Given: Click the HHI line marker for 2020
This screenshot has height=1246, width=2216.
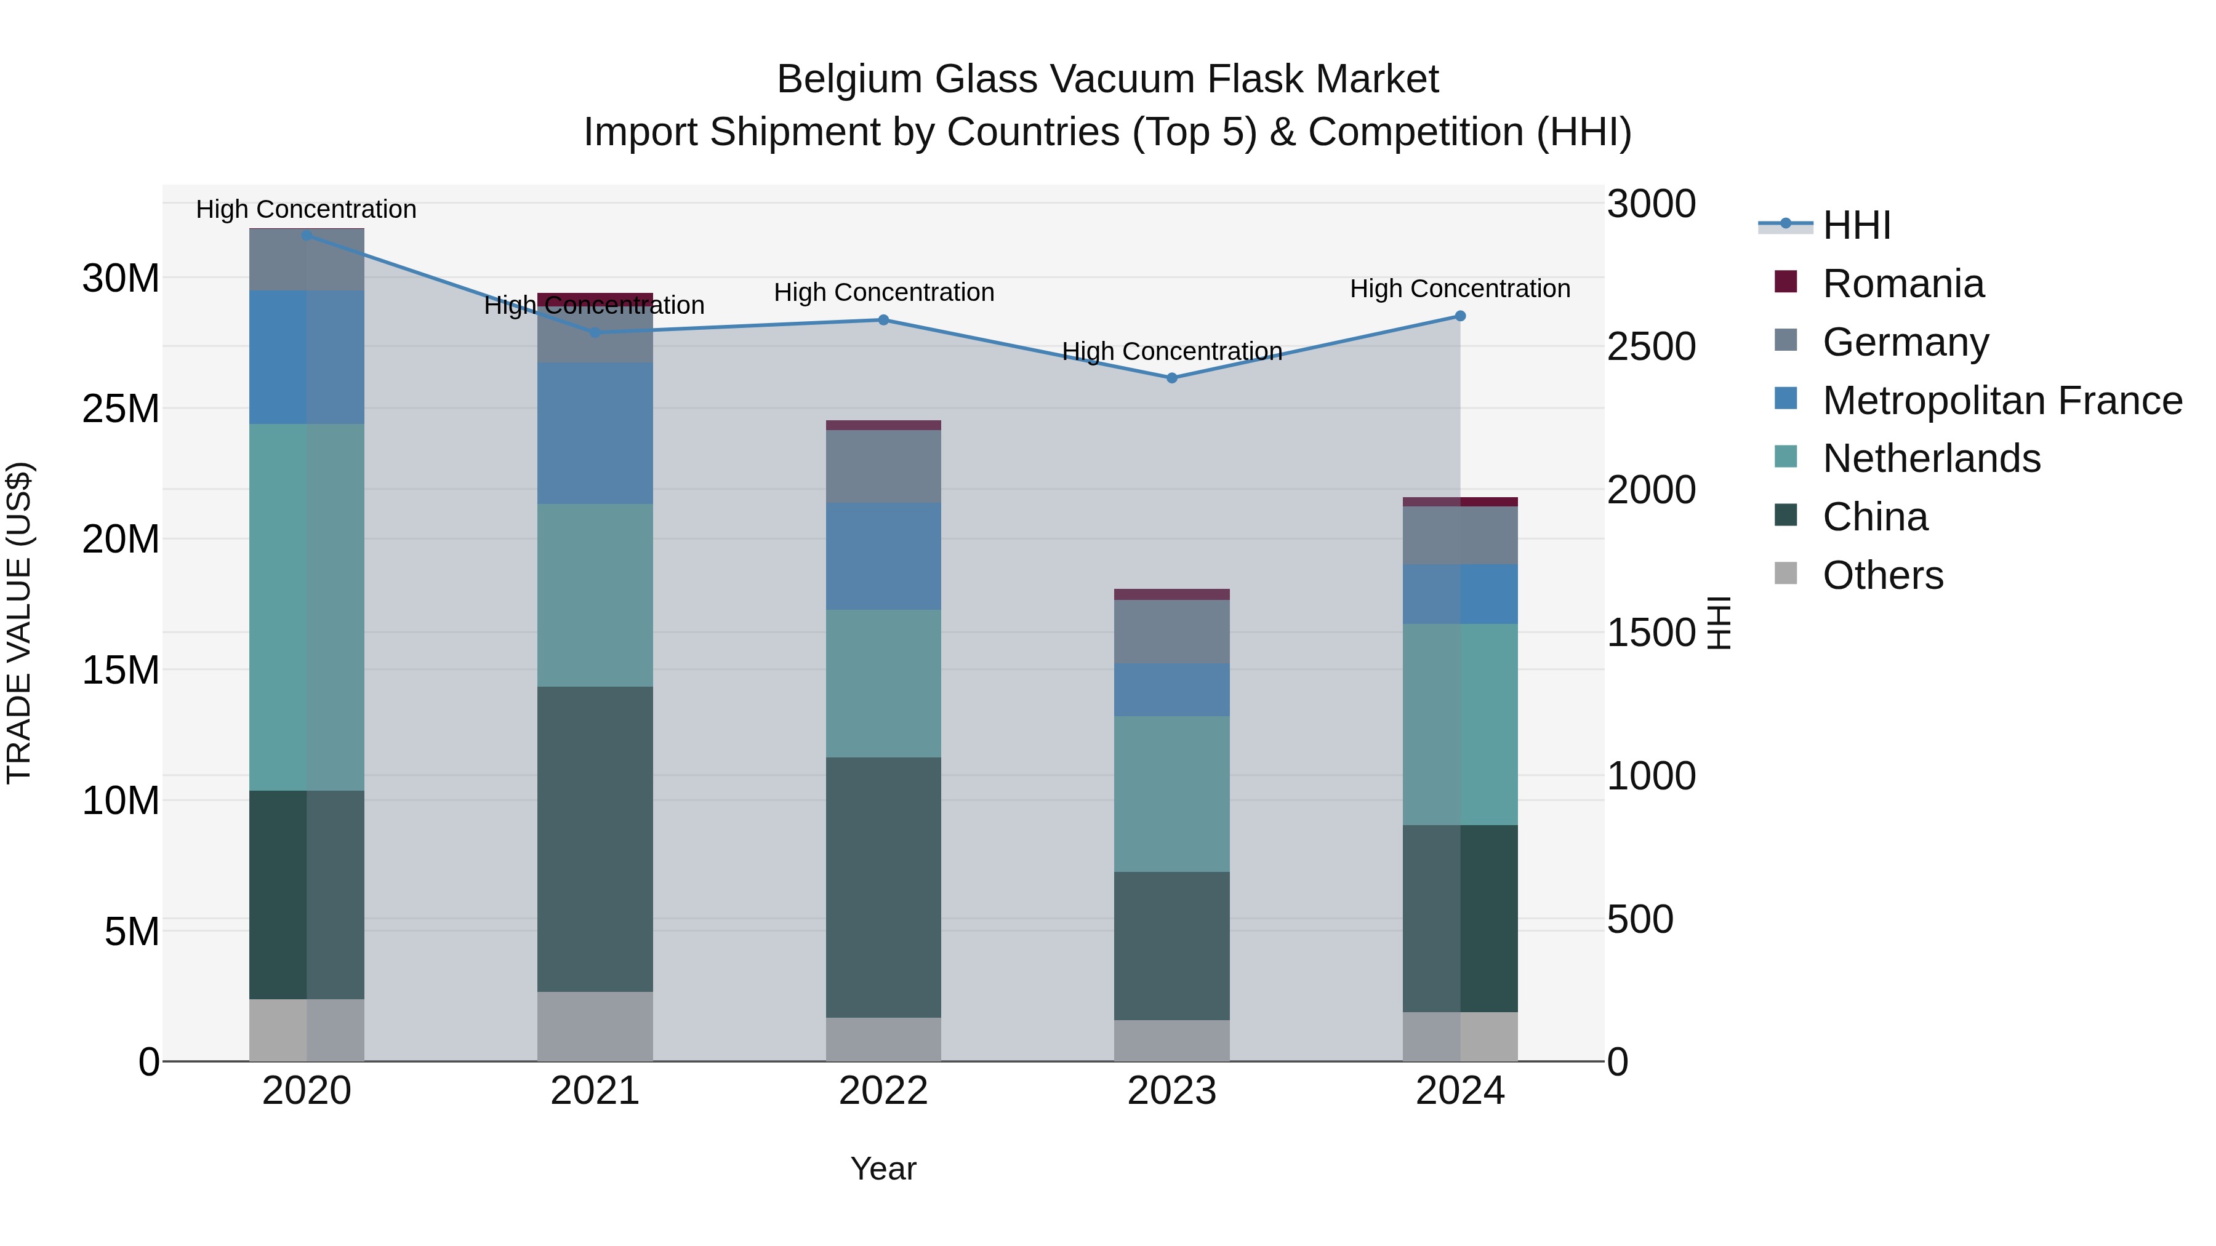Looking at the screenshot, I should coord(307,235).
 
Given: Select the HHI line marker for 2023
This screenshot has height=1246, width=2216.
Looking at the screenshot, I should coord(1171,378).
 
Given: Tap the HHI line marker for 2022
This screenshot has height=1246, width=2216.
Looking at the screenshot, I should coord(883,320).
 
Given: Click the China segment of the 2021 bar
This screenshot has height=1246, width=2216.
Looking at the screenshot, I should coord(595,839).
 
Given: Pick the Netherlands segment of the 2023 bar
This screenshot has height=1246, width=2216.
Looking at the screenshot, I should coord(1171,794).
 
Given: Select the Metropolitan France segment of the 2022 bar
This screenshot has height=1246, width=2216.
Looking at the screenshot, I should coord(883,556).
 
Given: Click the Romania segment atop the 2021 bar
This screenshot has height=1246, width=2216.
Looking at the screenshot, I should coord(595,298).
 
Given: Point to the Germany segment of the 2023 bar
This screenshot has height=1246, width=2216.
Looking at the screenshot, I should coord(1171,631).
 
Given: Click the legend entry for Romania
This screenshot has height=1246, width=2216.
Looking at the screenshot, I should coord(1902,284).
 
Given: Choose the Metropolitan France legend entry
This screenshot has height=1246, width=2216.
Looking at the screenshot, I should coord(2001,401).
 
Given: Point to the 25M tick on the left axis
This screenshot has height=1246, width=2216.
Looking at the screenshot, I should coord(121,409).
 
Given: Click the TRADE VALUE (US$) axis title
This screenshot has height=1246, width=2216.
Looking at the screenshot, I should coord(19,623).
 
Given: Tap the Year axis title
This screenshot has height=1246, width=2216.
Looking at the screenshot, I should coord(883,1168).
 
